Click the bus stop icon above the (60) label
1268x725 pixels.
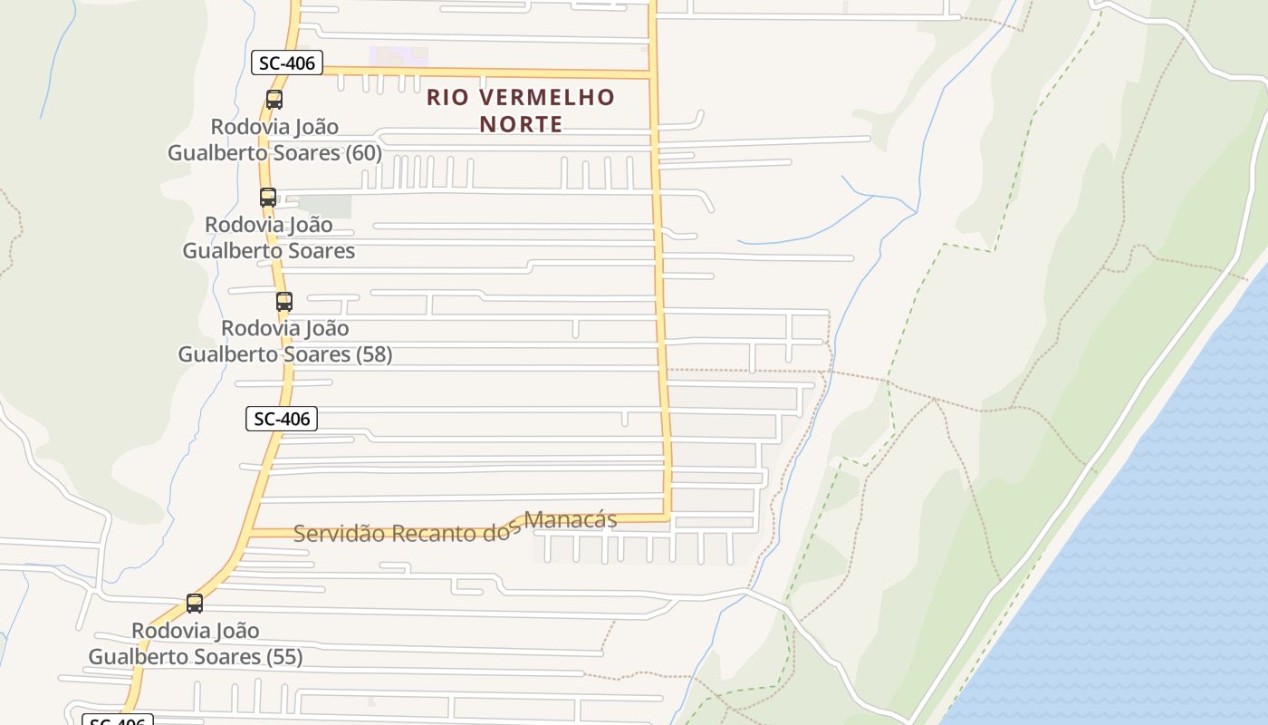click(x=274, y=100)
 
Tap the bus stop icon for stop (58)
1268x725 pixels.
click(x=284, y=302)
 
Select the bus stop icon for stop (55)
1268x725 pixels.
click(x=195, y=604)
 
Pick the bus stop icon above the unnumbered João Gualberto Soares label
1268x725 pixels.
click(x=268, y=198)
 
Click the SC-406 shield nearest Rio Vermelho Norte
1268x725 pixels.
click(x=287, y=63)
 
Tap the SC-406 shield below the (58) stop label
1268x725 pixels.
click(x=282, y=419)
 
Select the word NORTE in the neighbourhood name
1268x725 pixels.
click(x=521, y=124)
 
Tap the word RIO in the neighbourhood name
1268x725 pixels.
click(x=447, y=97)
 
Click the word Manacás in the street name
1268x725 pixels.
click(x=571, y=520)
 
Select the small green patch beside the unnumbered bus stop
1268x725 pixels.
click(x=323, y=207)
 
